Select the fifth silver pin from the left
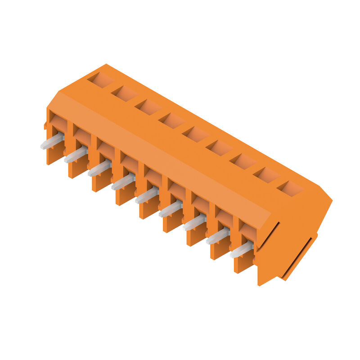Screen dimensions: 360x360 pyautogui.click(x=147, y=195)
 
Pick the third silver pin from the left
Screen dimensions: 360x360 pyautogui.click(x=99, y=168)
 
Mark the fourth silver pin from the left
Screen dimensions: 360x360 pyautogui.click(x=123, y=182)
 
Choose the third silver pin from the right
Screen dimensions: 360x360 pyautogui.click(x=194, y=222)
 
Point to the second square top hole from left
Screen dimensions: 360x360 pyautogui.click(x=125, y=94)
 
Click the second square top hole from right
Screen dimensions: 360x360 pyautogui.click(x=266, y=175)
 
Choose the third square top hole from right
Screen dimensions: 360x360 pyautogui.click(x=243, y=161)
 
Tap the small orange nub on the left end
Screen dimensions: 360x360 pyautogui.click(x=45, y=126)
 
